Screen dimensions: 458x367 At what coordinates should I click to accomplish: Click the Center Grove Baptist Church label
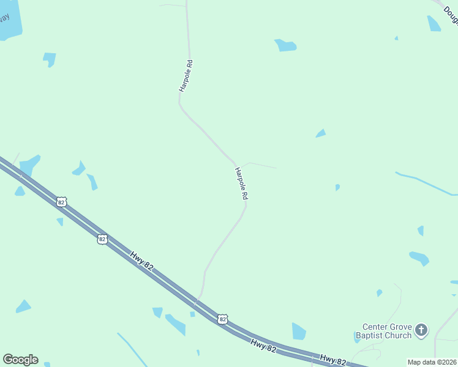[386, 330]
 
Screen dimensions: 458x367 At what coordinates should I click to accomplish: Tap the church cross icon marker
[421, 330]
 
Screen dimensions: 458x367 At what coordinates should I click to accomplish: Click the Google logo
[20, 360]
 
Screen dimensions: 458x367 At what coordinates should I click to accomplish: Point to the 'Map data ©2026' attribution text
[432, 362]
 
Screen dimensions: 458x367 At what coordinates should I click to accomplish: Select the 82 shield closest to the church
[222, 319]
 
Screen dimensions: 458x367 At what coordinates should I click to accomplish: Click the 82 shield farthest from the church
[61, 201]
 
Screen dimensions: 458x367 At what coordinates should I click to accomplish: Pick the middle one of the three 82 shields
[102, 239]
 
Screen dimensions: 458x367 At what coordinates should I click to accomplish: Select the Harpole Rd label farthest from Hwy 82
[186, 76]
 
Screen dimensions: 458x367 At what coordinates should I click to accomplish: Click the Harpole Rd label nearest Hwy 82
[241, 183]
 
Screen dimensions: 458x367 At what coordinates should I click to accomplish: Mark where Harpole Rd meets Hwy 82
[195, 302]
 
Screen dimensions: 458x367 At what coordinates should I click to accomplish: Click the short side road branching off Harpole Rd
[260, 165]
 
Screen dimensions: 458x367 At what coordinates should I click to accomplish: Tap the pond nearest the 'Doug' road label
[434, 24]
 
